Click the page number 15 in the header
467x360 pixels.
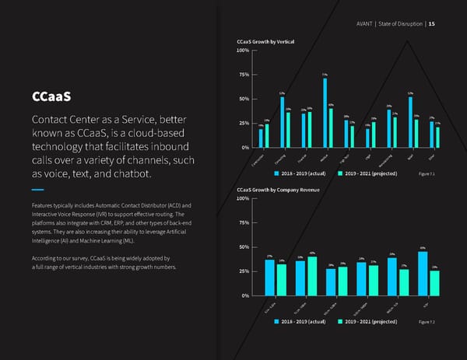pos(432,23)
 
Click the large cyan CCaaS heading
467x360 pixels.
pos(51,98)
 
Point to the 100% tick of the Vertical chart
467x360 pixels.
pos(242,51)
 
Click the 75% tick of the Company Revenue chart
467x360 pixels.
pos(243,223)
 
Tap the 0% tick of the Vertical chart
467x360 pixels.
pos(244,148)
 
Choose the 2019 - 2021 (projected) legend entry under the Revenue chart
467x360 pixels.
pos(370,321)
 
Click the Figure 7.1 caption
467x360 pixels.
pos(427,173)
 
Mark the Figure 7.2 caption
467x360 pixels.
pos(427,321)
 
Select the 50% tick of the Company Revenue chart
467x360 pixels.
pos(243,247)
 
